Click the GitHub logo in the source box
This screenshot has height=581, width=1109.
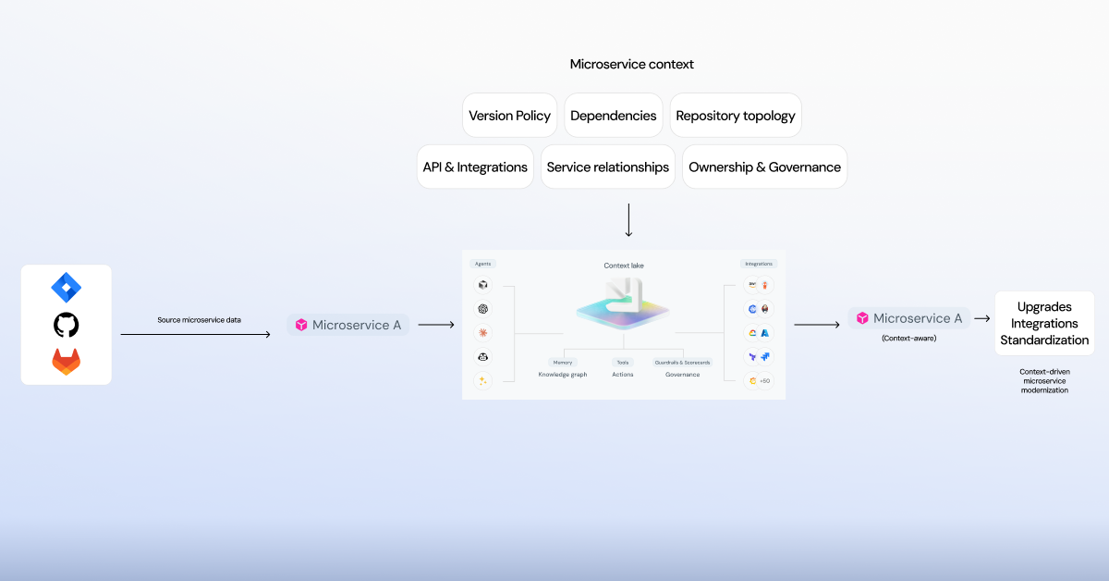pyautogui.click(x=66, y=325)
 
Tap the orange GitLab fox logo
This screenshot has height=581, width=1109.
pyautogui.click(x=66, y=361)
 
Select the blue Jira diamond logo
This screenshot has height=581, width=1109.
pyautogui.click(x=66, y=289)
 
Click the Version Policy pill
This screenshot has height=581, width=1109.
pyautogui.click(x=509, y=116)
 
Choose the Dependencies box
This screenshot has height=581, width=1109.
pyautogui.click(x=613, y=116)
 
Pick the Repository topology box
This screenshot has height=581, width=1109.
pyautogui.click(x=735, y=116)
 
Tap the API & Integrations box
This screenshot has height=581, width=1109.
pyautogui.click(x=475, y=167)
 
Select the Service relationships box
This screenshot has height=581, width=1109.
pyautogui.click(x=607, y=167)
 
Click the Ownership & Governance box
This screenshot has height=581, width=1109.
pyautogui.click(x=764, y=167)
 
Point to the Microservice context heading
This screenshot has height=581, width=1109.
pyautogui.click(x=631, y=65)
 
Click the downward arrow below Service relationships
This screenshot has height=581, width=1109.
pyautogui.click(x=628, y=219)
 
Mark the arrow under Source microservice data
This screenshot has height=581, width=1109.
pyautogui.click(x=195, y=334)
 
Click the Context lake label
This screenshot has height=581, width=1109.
pyautogui.click(x=624, y=266)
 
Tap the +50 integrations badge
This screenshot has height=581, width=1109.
pyautogui.click(x=764, y=380)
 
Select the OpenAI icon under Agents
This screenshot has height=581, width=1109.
pyautogui.click(x=482, y=309)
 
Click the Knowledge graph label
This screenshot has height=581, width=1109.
pyautogui.click(x=562, y=375)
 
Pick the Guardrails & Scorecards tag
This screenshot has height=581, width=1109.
pyautogui.click(x=682, y=363)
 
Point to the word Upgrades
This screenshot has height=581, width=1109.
pyautogui.click(x=1044, y=307)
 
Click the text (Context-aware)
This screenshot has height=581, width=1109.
pyautogui.click(x=908, y=339)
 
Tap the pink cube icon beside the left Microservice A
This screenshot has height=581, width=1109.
pyautogui.click(x=301, y=325)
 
